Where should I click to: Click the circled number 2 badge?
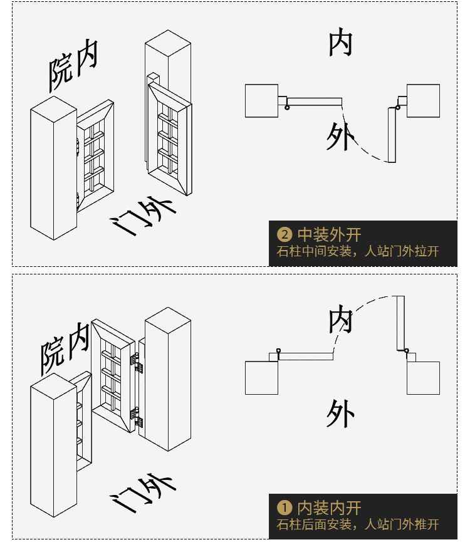point(285,235)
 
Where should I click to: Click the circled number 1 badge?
point(285,508)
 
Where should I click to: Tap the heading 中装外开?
point(329,235)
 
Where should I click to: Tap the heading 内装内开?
point(329,508)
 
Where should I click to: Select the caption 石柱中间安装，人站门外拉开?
point(358,252)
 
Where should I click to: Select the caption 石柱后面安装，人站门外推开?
point(358,524)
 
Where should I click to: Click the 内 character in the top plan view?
point(341,43)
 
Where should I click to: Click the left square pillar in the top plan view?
point(261,101)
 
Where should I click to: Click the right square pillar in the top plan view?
point(423,101)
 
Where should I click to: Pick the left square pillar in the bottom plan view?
point(261,378)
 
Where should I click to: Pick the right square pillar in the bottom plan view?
point(423,378)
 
